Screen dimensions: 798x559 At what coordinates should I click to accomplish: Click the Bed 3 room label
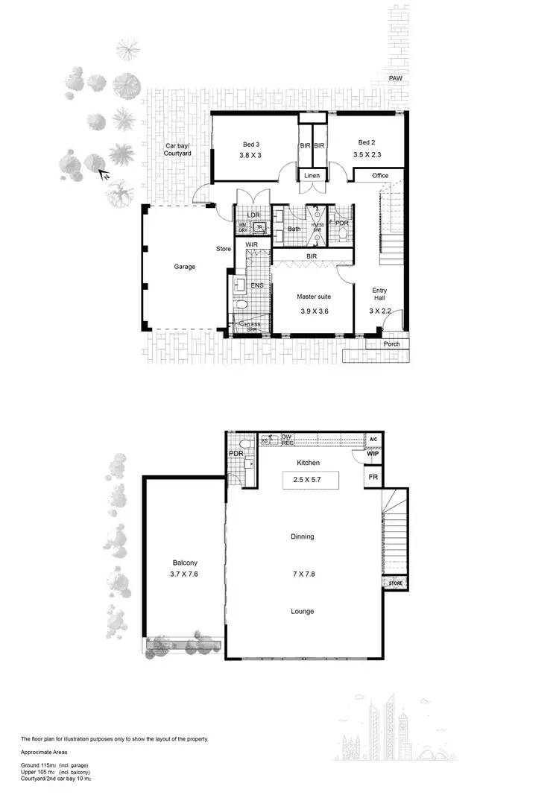click(250, 143)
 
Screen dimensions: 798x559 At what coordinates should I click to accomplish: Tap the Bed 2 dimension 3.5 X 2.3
click(367, 155)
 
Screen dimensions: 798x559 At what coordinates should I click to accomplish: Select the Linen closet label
click(312, 175)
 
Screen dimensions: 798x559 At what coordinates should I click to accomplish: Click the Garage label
click(185, 266)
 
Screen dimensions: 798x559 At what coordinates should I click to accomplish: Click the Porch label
click(391, 344)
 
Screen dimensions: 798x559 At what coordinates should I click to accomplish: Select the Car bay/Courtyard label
click(178, 149)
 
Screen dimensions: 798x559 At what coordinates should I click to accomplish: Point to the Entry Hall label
click(379, 294)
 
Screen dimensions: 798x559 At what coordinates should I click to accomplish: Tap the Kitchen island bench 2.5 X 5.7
click(311, 479)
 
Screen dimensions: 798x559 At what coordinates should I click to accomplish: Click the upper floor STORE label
click(395, 583)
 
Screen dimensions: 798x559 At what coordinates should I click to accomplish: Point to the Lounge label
click(303, 612)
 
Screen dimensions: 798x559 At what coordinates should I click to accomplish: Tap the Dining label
click(303, 536)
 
